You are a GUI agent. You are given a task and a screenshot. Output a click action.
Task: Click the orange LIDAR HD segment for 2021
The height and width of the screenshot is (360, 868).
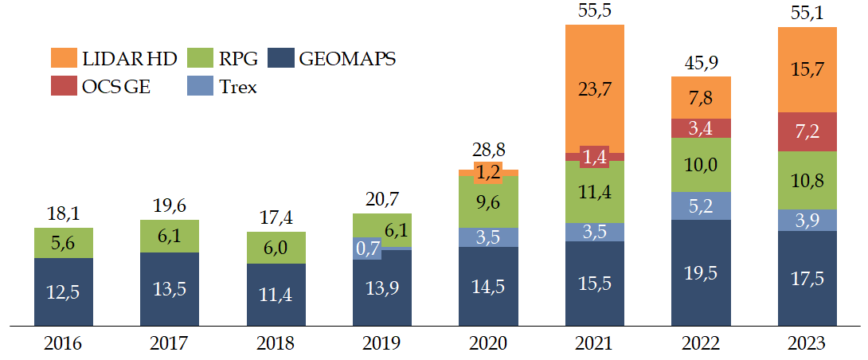[x=594, y=88]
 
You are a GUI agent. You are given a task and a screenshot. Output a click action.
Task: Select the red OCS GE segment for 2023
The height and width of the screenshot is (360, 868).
[x=807, y=131]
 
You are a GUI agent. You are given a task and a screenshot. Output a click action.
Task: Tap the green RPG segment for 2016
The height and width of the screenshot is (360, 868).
[x=63, y=243]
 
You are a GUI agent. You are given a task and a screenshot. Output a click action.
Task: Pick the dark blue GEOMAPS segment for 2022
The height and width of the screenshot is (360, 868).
[x=701, y=272]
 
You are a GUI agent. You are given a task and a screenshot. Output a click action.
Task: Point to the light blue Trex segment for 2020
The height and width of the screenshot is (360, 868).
[x=488, y=237]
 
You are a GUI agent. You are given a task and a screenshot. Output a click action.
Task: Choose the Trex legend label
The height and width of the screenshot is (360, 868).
[x=239, y=87]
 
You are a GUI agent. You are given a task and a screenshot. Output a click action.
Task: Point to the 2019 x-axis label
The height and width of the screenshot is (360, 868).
[x=381, y=344]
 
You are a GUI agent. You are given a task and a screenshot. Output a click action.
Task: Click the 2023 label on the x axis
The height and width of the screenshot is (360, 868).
[x=807, y=344]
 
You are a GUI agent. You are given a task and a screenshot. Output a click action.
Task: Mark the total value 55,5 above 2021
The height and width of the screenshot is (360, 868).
[x=594, y=10]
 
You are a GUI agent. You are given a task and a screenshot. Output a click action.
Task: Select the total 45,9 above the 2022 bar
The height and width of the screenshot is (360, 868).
[x=701, y=63]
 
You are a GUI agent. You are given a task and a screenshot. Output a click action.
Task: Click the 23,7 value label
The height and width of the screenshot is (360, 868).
[x=594, y=88]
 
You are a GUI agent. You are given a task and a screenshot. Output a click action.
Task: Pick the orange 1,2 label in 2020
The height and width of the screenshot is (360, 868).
[x=488, y=172]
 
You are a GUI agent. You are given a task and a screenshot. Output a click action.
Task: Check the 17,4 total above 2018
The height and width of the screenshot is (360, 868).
[x=276, y=217]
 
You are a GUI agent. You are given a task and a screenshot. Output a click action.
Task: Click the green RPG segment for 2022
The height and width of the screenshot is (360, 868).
[x=701, y=165]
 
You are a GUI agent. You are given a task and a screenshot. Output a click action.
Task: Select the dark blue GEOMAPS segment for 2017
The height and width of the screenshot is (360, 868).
[x=170, y=289]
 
